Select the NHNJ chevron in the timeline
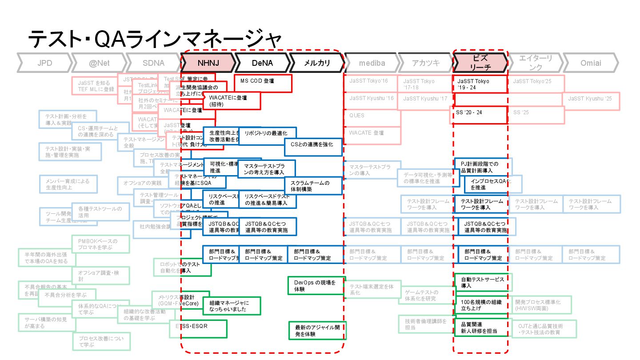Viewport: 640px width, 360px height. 208,63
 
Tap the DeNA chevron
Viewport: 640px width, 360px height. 262,63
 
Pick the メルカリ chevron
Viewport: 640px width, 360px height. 317,63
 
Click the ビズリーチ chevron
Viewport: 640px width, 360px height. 480,63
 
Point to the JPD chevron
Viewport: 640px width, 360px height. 44,63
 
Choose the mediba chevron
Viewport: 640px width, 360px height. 372,63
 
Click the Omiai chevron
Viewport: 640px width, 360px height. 591,63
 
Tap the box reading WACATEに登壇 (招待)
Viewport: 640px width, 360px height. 232,101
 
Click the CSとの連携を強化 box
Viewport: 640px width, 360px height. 313,147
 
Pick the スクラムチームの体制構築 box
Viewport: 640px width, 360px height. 313,186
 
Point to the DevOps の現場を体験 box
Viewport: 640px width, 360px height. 316,286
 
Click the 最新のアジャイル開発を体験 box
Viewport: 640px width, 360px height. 317,330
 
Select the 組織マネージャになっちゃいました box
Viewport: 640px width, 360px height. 231,306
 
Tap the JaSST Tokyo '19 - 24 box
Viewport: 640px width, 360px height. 480,84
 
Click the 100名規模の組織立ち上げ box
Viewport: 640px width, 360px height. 480,305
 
